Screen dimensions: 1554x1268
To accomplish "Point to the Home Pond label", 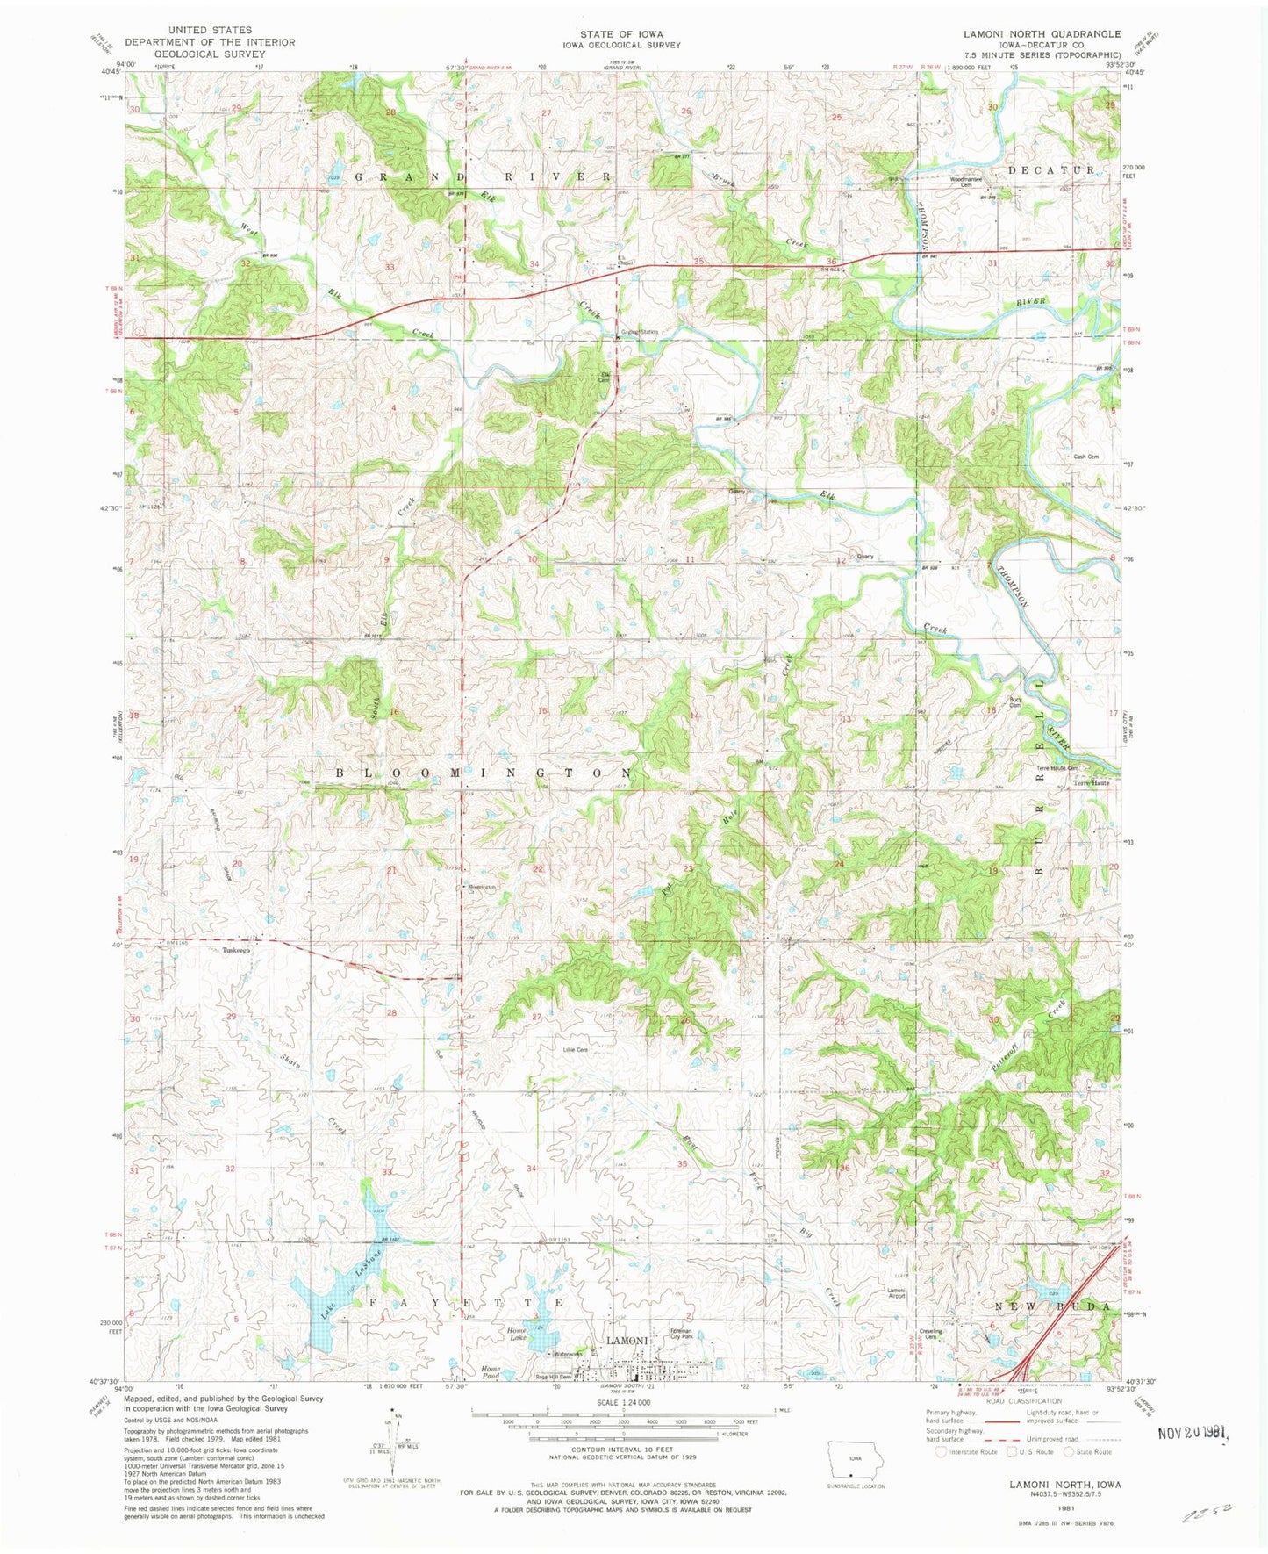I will click(x=490, y=1372).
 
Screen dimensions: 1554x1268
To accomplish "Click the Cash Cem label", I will click(x=1085, y=457).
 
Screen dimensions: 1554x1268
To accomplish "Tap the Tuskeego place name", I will click(x=236, y=950).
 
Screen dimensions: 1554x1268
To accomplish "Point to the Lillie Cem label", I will click(x=575, y=1050).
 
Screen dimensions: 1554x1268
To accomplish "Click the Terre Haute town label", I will click(x=1091, y=783).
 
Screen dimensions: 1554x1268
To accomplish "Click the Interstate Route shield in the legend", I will click(x=942, y=1452).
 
